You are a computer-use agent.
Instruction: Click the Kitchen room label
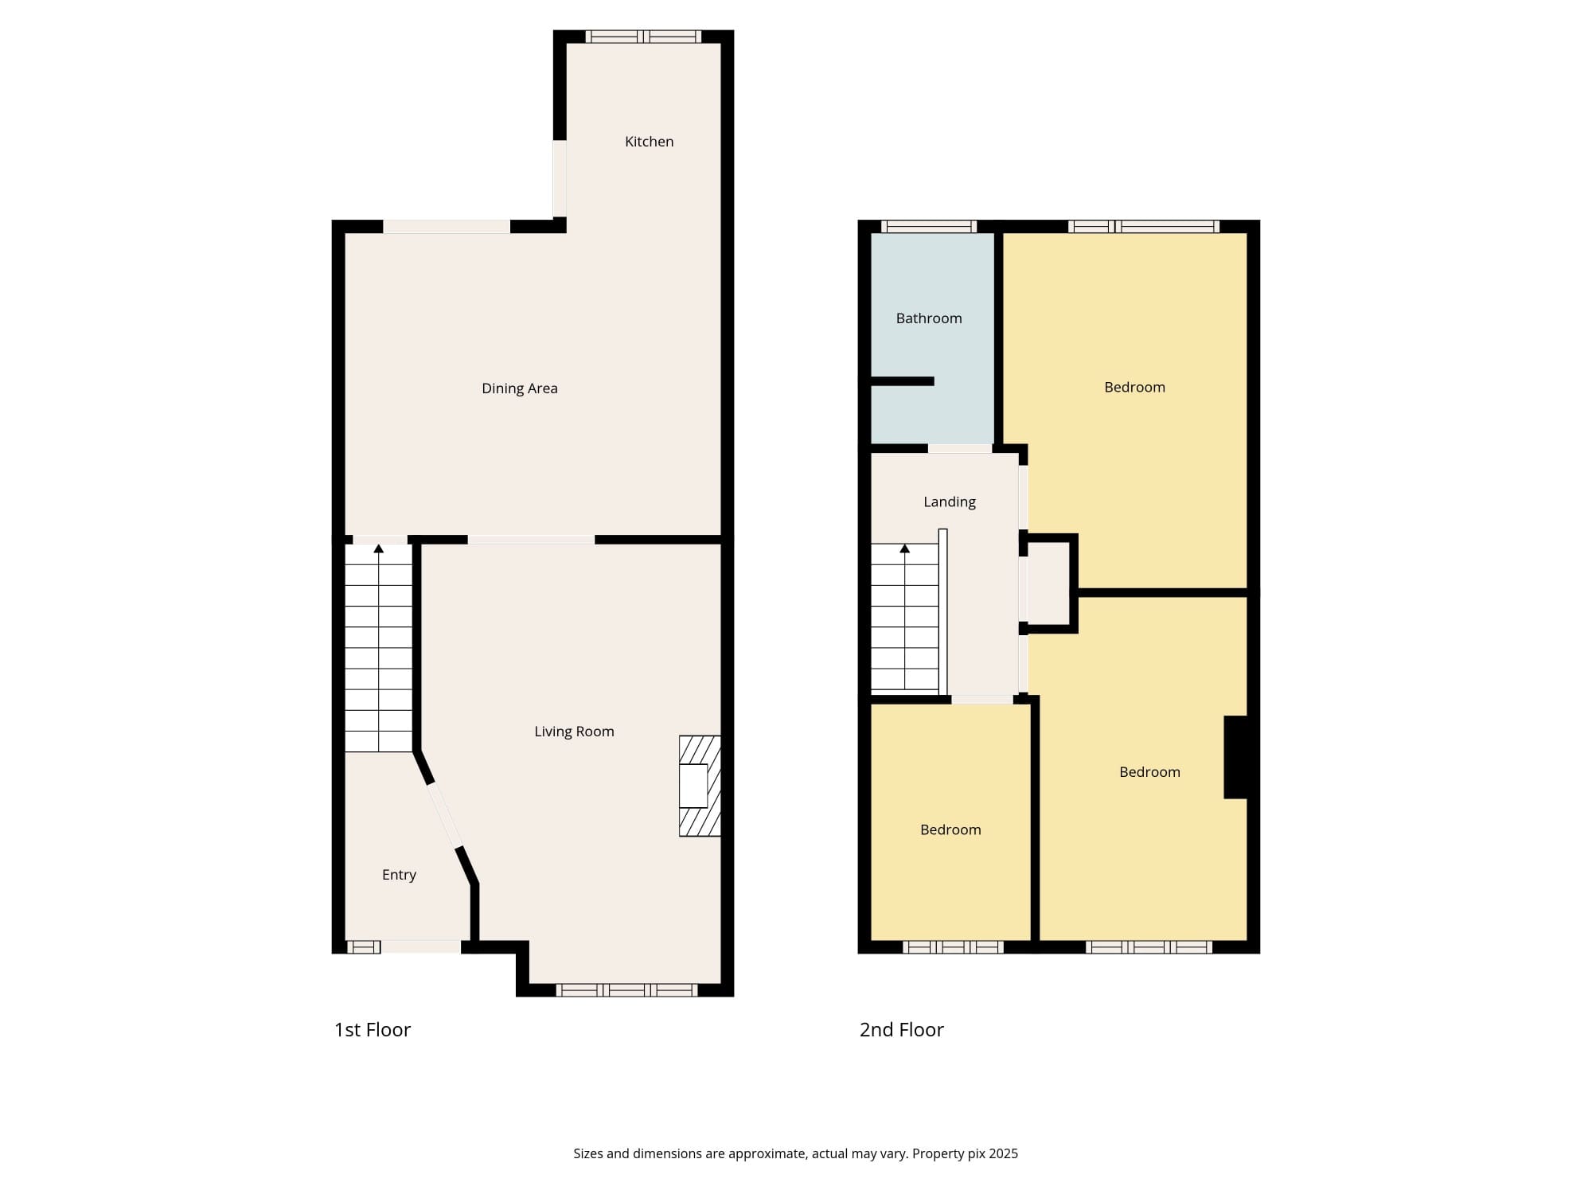click(x=649, y=142)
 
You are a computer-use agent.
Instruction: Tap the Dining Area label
click(x=520, y=388)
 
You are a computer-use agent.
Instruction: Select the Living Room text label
click(x=574, y=732)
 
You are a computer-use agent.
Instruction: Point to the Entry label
click(x=399, y=875)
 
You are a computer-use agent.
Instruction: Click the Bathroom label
click(x=929, y=318)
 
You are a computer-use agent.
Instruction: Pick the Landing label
click(x=950, y=502)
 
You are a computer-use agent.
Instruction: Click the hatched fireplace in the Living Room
click(x=700, y=786)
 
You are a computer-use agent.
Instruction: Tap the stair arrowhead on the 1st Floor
click(x=379, y=548)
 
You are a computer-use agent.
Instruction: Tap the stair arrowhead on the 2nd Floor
click(x=904, y=548)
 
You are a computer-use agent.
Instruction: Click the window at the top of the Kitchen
click(x=643, y=37)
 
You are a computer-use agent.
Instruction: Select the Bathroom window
click(x=929, y=226)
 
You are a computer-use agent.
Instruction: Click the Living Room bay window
click(x=626, y=990)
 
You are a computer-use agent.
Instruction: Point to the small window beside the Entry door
click(x=363, y=946)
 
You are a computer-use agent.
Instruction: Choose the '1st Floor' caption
click(x=373, y=1030)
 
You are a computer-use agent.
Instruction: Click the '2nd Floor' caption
click(x=902, y=1030)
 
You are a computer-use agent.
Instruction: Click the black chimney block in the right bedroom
click(x=1235, y=757)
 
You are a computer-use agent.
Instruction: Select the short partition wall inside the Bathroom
click(x=902, y=381)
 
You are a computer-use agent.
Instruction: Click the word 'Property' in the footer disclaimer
click(x=937, y=1154)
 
